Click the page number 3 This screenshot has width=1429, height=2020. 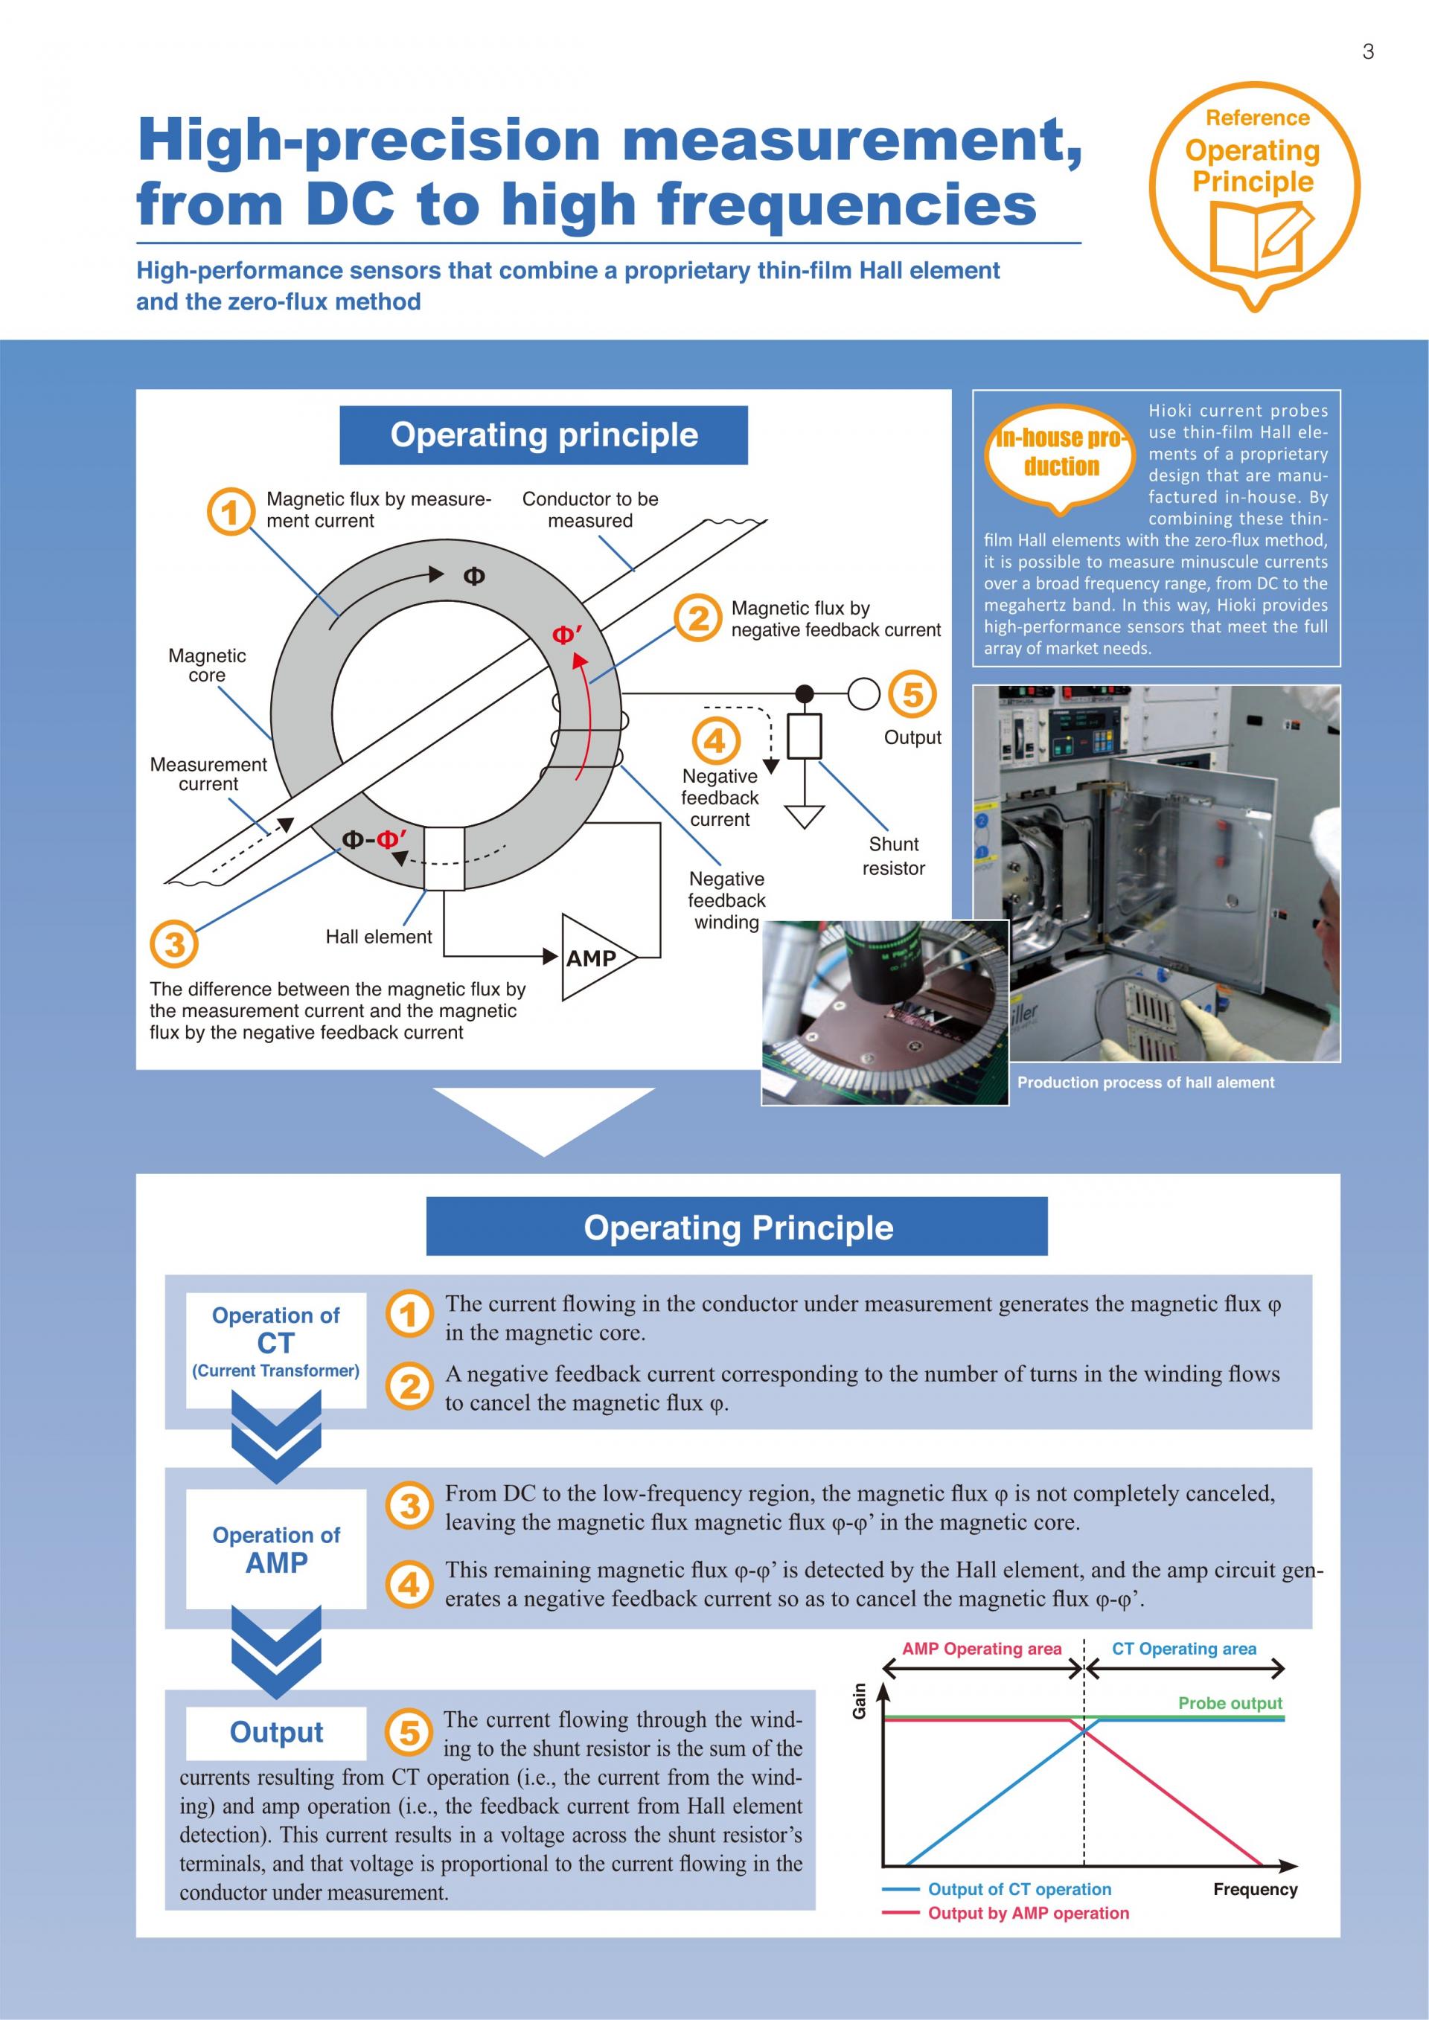(1367, 52)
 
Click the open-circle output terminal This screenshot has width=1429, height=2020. (864, 693)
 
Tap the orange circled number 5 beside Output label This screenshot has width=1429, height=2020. (912, 694)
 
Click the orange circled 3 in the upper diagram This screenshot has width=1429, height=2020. (174, 944)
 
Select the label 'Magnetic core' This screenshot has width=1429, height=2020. (207, 665)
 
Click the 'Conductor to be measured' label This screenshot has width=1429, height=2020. (590, 510)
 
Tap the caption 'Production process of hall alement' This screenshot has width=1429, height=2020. (1145, 1082)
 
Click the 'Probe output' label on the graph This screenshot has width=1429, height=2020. (1230, 1702)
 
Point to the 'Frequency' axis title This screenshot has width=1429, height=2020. (1255, 1889)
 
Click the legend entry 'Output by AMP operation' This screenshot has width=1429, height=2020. (1028, 1913)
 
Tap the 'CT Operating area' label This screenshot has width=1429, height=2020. (1183, 1648)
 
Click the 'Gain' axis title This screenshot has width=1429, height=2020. (860, 1701)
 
